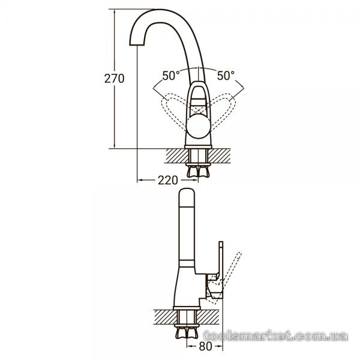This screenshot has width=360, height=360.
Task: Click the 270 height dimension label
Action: click(115, 79)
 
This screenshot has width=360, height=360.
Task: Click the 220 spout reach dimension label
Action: click(168, 180)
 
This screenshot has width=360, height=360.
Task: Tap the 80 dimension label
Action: click(205, 346)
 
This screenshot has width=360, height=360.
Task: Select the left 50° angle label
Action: click(171, 76)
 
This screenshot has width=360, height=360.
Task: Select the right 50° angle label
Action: click(226, 76)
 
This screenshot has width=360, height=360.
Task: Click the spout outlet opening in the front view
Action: click(137, 44)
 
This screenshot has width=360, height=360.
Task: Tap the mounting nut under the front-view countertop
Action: click(198, 172)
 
